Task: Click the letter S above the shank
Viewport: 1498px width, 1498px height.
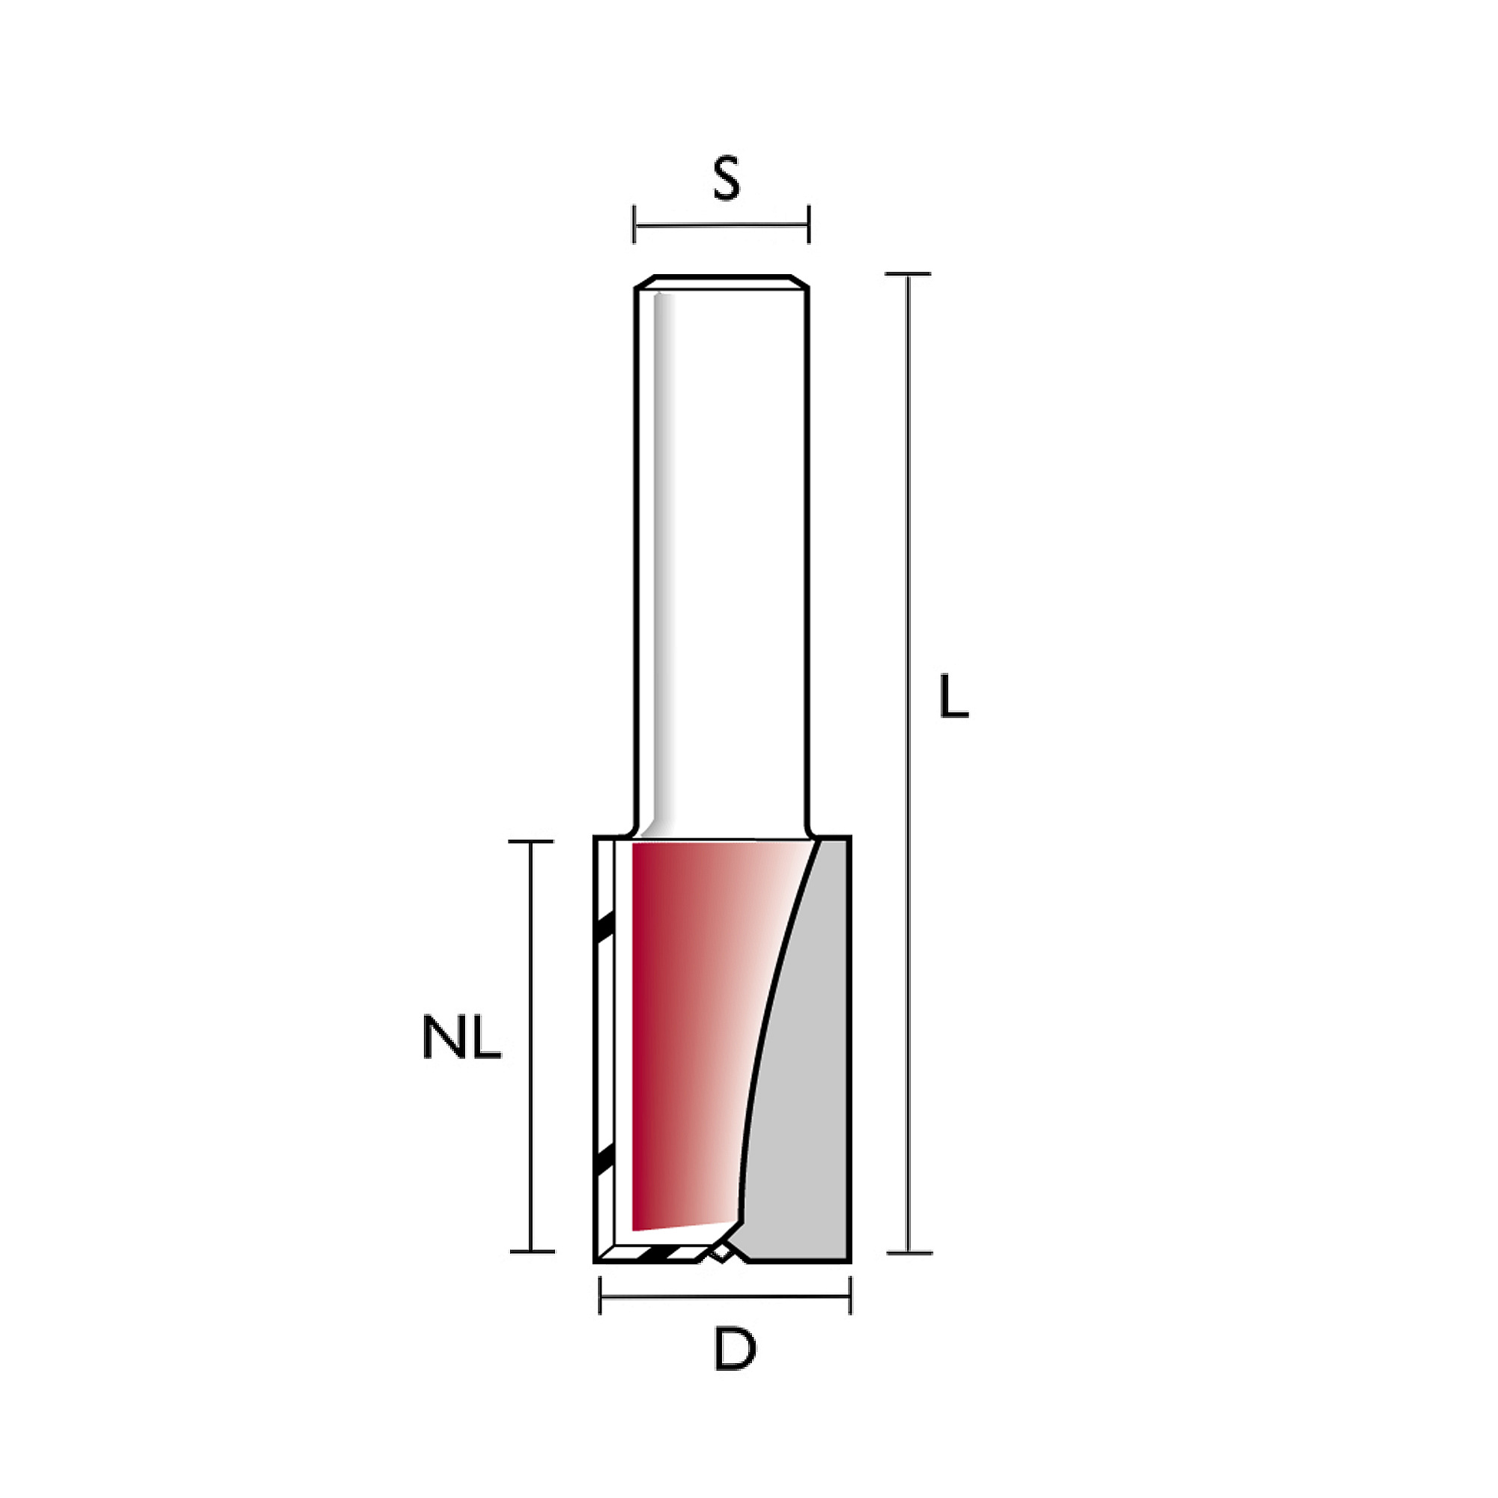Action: (727, 179)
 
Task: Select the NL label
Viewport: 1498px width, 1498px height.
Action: (462, 1037)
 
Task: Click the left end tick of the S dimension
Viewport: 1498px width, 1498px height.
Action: (634, 224)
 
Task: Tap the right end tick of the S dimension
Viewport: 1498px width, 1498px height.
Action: (809, 224)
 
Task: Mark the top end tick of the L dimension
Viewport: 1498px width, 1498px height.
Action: (907, 273)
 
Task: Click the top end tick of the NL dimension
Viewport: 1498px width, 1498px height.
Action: (531, 841)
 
